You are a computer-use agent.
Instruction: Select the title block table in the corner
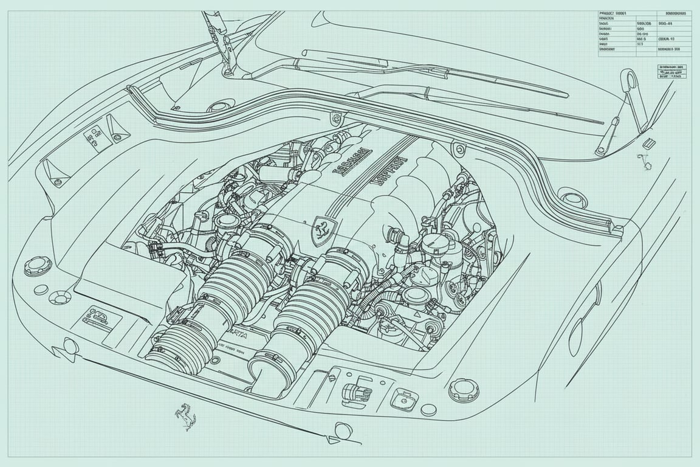coord(644,33)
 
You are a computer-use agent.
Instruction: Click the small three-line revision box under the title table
coord(673,72)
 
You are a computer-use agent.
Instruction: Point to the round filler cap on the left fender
coord(38,266)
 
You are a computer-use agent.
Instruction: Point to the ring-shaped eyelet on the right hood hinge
coord(630,83)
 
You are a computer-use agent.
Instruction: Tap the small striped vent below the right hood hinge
coord(648,144)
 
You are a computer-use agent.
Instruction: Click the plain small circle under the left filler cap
coord(41,289)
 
